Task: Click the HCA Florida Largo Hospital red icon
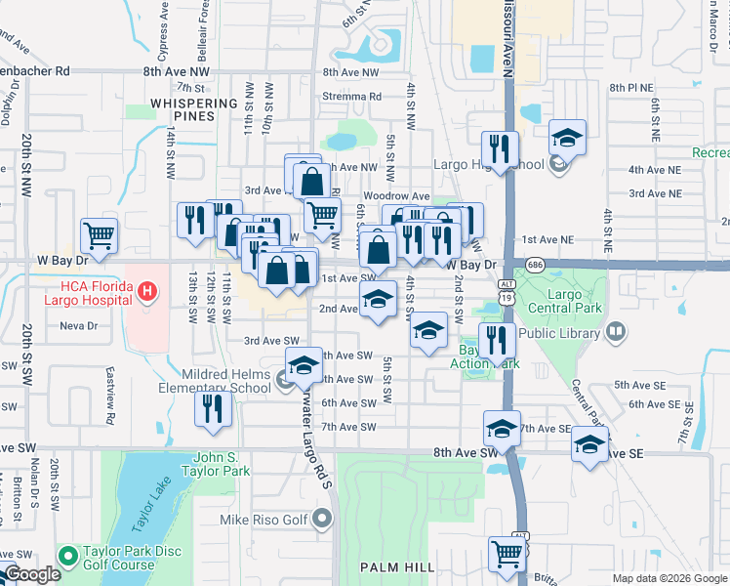146,290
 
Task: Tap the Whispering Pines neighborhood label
195,109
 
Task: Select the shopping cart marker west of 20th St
100,235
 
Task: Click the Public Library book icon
615,333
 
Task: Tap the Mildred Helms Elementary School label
225,381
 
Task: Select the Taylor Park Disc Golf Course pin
67,557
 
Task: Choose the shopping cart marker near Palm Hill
507,554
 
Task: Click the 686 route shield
534,265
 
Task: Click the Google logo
32,575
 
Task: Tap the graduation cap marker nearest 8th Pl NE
567,138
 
